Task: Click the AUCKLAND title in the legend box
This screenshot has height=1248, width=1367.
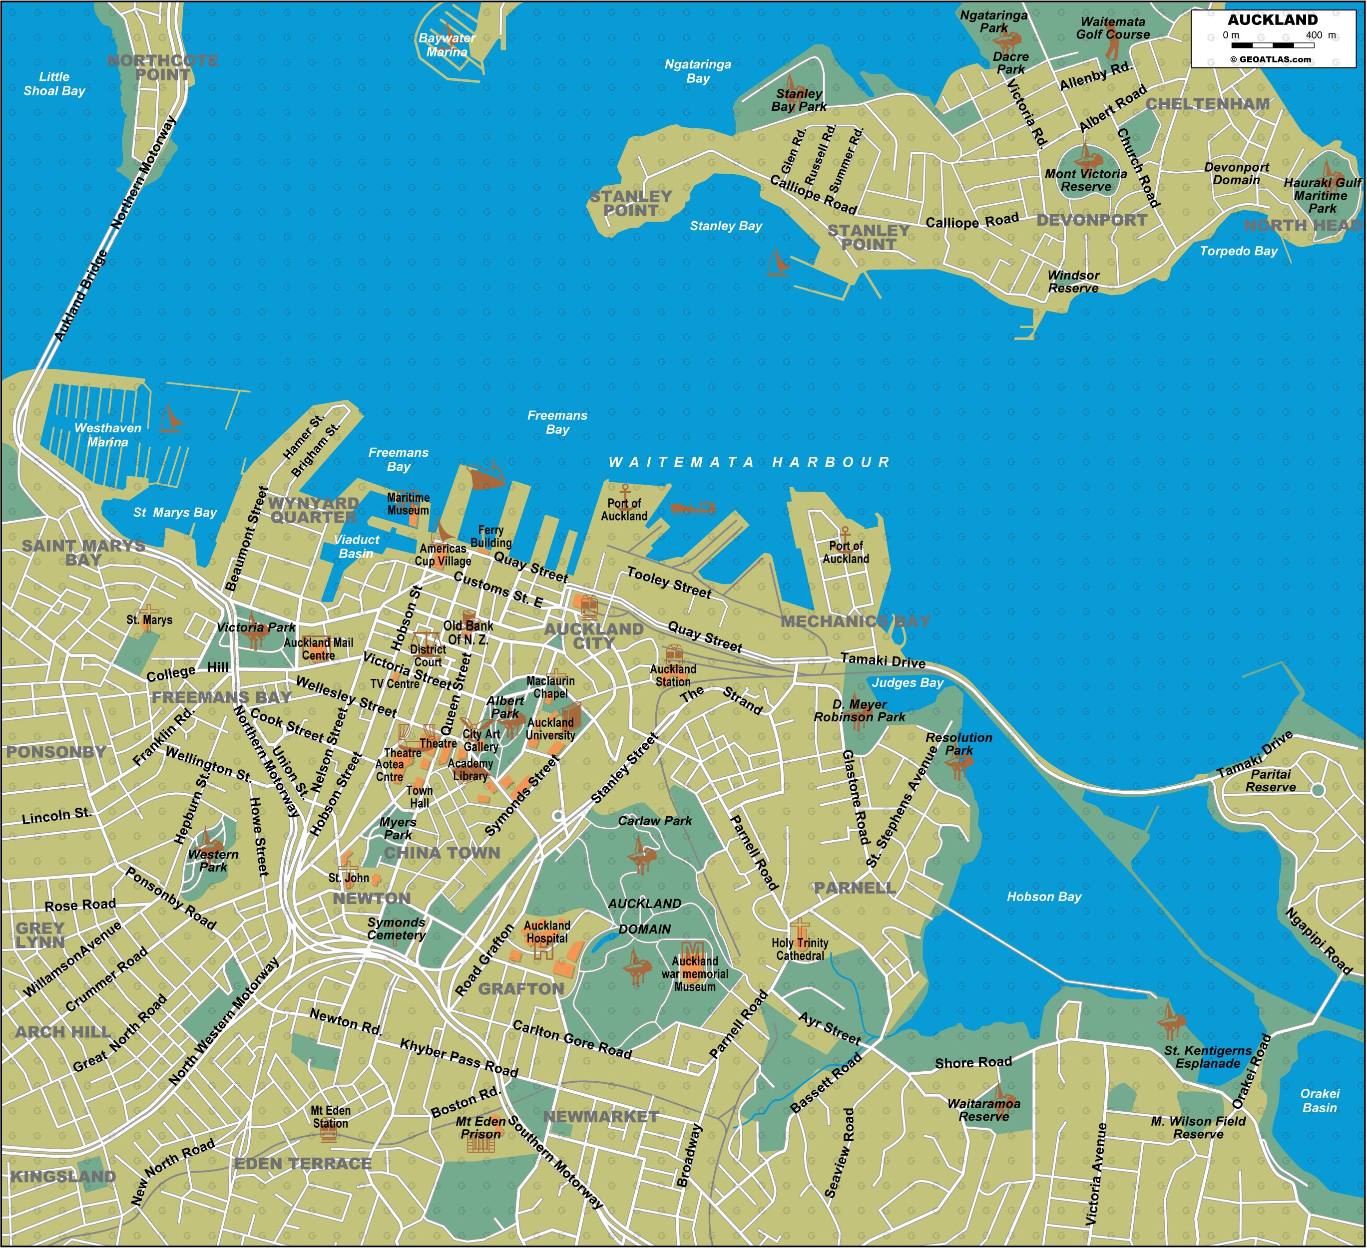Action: coord(1272,19)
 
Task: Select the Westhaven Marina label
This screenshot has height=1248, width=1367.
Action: coord(108,434)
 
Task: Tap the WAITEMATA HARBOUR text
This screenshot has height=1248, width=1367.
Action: coord(749,462)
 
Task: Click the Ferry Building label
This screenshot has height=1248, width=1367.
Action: coord(490,536)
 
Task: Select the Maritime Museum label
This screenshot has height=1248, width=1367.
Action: coord(408,504)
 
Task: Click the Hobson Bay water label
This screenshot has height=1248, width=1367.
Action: coord(1043,896)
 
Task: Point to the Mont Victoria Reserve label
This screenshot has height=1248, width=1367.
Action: coord(1086,180)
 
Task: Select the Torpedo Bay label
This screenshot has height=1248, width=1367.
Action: coord(1238,251)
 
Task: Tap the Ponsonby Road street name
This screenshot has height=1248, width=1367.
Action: coord(171,898)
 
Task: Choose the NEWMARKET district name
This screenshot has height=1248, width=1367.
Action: coord(601,1117)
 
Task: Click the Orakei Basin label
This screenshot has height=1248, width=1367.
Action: coord(1319,1100)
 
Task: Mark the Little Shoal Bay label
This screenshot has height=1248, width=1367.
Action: coord(54,83)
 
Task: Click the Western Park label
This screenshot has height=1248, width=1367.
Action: coord(213,860)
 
